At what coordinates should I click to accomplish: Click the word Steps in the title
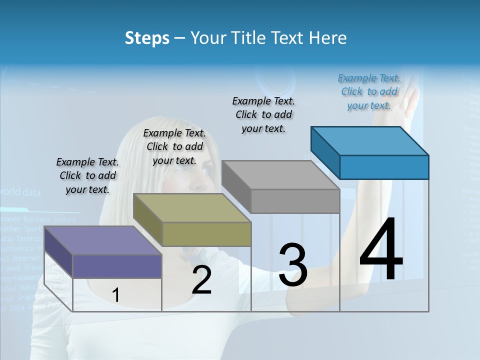pyautogui.click(x=147, y=38)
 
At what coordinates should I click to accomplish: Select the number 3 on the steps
pyautogui.click(x=293, y=264)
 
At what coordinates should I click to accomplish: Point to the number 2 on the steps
pyautogui.click(x=201, y=280)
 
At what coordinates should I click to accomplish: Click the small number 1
pyautogui.click(x=115, y=295)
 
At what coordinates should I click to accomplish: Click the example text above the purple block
pyautogui.click(x=87, y=175)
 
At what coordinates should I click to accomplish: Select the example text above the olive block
pyautogui.click(x=174, y=146)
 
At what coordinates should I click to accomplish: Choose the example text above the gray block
pyautogui.click(x=263, y=114)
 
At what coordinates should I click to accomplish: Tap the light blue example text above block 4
pyautogui.click(x=369, y=91)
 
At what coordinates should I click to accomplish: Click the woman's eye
pyautogui.click(x=204, y=170)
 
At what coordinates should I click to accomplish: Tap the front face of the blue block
pyautogui.click(x=384, y=167)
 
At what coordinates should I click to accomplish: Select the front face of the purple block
pyautogui.click(x=117, y=266)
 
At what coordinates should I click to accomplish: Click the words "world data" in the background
pyautogui.click(x=20, y=191)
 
